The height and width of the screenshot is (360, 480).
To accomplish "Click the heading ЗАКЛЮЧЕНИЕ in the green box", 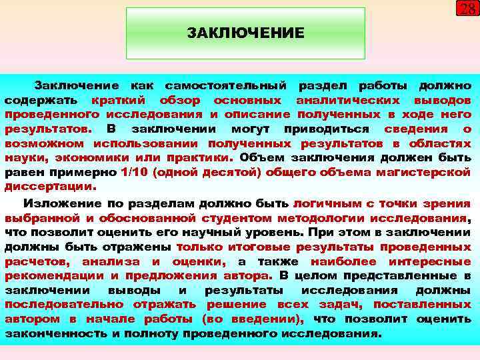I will coord(245,33).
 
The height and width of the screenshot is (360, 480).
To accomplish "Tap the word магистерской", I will coord(427,173).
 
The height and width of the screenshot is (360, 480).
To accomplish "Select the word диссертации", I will coord(49,187).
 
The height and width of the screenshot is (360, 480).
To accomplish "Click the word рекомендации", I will coord(53,275).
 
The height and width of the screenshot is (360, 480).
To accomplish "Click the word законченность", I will coord(55,333).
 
